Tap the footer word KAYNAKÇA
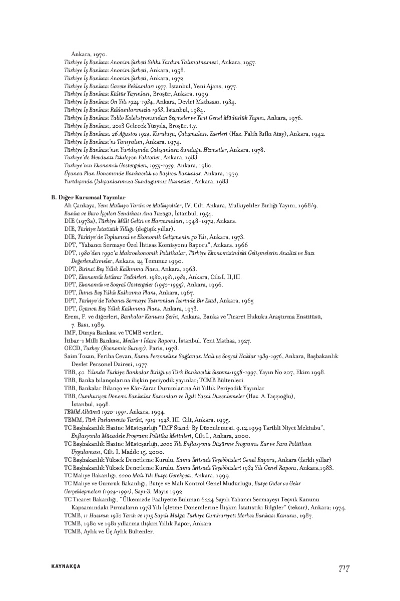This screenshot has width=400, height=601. tap(66, 566)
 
